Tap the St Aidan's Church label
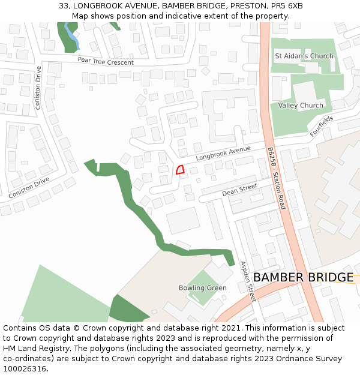click(304, 56)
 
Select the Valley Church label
click(301, 106)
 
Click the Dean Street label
click(239, 191)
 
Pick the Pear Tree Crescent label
click(105, 61)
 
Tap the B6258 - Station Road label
click(277, 178)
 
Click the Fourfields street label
click(321, 126)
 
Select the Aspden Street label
click(248, 281)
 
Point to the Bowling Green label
click(203, 288)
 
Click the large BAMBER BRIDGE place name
click(303, 277)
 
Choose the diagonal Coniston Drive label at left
click(29, 188)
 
